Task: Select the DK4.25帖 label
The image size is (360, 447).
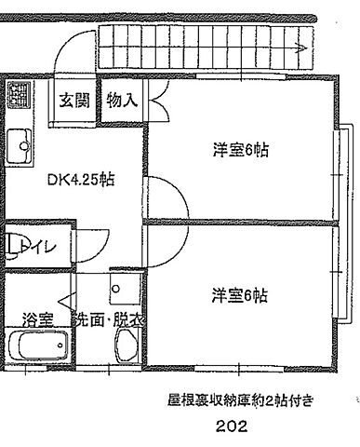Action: [x=81, y=180]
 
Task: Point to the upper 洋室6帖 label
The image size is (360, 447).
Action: [x=240, y=149]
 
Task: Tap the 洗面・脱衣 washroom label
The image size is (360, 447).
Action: [x=110, y=319]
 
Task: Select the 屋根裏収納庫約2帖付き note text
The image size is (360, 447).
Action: [x=240, y=400]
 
